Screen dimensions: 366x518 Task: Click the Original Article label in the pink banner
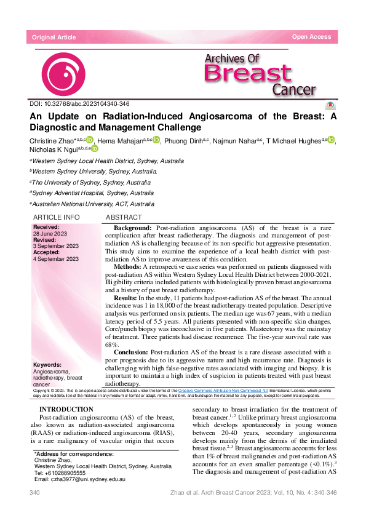54,38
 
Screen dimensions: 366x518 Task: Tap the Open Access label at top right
311,37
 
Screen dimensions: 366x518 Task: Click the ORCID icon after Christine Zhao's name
90,140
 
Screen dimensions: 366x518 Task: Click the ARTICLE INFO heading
56,218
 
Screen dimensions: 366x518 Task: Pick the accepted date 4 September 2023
55,259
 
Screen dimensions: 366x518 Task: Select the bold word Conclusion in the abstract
131,353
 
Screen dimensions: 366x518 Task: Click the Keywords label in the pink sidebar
47,365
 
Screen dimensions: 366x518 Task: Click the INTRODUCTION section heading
66,410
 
